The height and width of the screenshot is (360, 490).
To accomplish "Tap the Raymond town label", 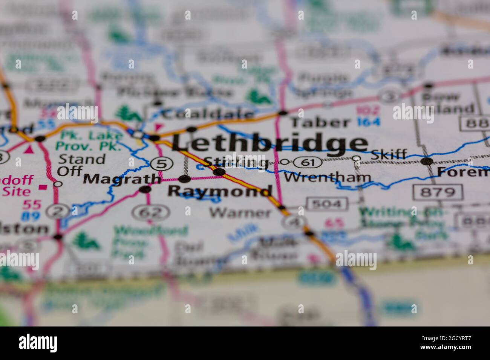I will click(x=219, y=191).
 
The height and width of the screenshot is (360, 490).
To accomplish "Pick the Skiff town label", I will click(x=389, y=154).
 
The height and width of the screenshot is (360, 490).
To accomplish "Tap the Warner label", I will click(x=240, y=213).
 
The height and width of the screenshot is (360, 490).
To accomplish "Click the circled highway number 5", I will click(x=162, y=164).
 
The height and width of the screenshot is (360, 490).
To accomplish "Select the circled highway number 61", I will click(x=308, y=163).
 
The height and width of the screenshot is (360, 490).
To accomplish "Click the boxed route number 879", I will click(x=438, y=192).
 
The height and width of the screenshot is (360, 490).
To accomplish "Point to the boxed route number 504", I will click(x=327, y=204).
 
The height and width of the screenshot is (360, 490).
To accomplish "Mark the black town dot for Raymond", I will click(x=185, y=179).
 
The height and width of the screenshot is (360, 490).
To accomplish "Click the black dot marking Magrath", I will click(x=145, y=189).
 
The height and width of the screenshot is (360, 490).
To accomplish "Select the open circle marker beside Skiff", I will click(x=357, y=159).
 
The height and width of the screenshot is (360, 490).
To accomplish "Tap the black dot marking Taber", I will click(x=283, y=112).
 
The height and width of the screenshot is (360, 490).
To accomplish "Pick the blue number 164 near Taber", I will click(x=369, y=122).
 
